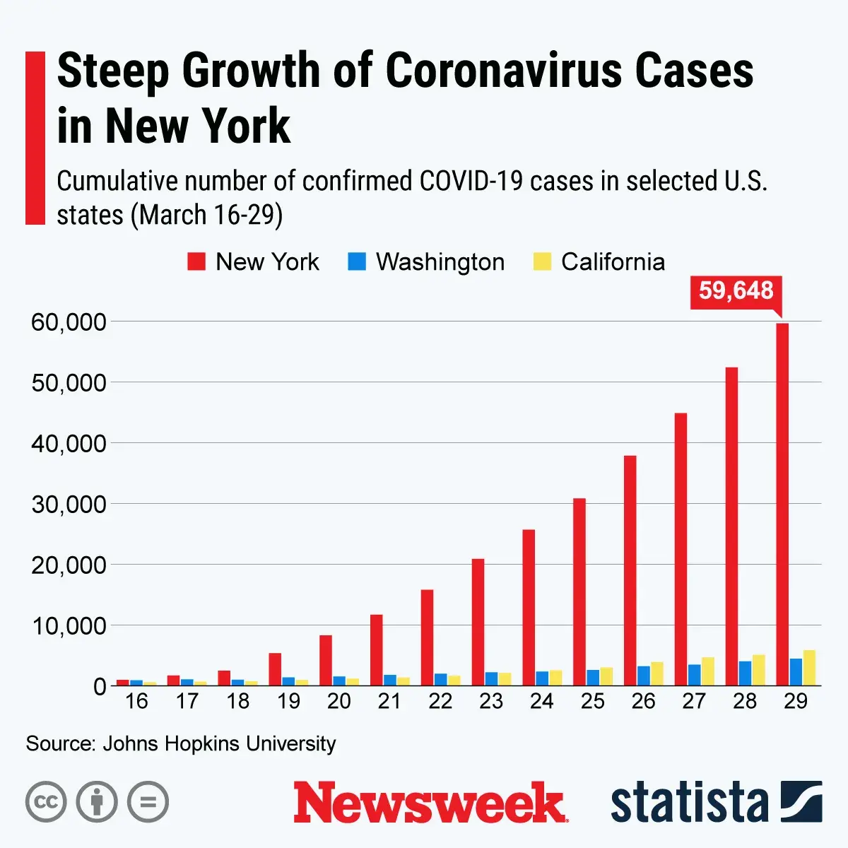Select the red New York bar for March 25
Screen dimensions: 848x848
point(579,591)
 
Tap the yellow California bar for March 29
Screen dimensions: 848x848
point(809,668)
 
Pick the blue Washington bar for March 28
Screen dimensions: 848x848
point(745,673)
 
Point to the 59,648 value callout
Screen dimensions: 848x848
point(736,290)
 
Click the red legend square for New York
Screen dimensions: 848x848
point(196,261)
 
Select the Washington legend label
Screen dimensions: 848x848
point(440,261)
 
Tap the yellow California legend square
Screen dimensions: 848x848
point(541,261)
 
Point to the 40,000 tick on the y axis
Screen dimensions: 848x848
point(68,443)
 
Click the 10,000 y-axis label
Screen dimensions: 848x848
point(68,625)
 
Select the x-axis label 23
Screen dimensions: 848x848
point(490,701)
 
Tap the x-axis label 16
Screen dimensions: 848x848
point(136,701)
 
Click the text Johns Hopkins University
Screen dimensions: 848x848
point(219,743)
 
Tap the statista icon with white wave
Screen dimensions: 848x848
point(801,801)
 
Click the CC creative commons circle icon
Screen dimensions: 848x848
point(46,802)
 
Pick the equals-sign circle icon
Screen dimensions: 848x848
point(148,802)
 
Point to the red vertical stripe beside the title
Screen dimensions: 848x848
point(35,138)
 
